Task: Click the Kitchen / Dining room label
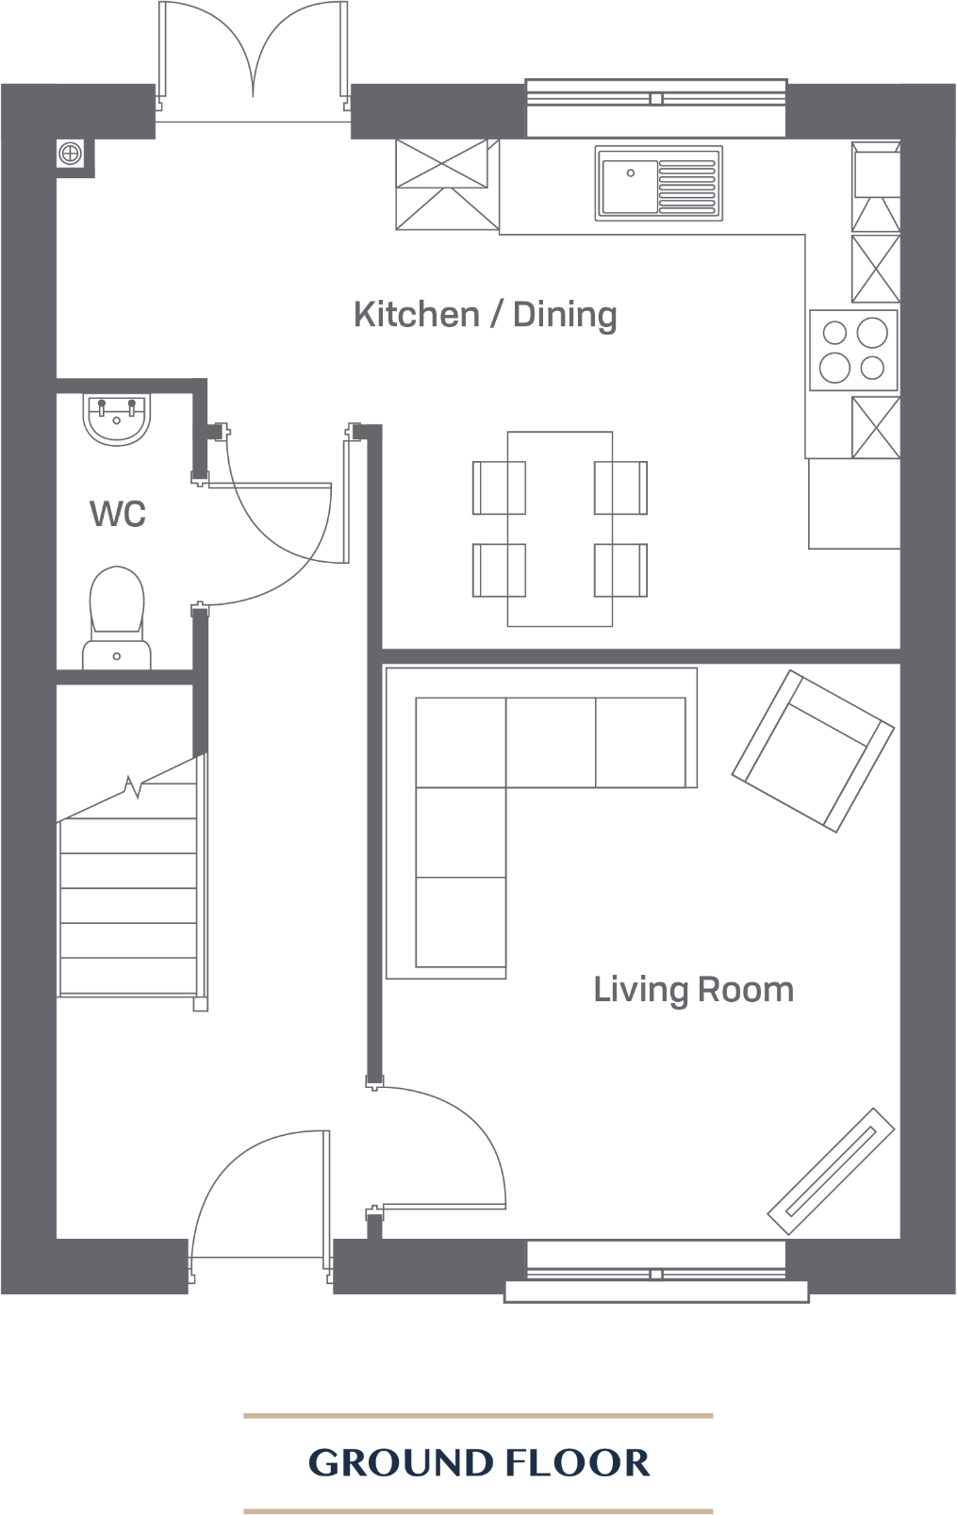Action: click(x=486, y=315)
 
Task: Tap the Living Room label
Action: click(x=693, y=990)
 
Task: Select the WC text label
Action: click(x=118, y=515)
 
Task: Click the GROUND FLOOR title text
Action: click(x=479, y=1463)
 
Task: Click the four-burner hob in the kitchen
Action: click(x=853, y=350)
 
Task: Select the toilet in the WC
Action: click(x=117, y=618)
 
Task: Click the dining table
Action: click(x=560, y=528)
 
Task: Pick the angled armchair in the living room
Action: click(x=813, y=750)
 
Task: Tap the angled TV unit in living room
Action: click(x=831, y=1170)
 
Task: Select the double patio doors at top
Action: click(x=253, y=61)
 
